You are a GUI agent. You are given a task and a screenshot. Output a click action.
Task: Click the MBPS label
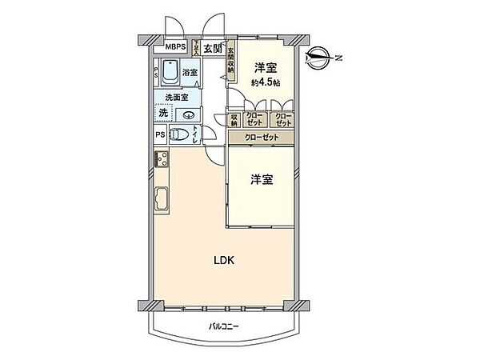[175, 47]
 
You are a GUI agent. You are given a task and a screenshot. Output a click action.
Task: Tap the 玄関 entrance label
[213, 49]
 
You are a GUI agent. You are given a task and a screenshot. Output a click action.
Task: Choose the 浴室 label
[190, 74]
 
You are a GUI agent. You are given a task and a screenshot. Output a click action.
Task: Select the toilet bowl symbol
[181, 135]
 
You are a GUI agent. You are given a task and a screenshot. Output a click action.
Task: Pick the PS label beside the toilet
[161, 135]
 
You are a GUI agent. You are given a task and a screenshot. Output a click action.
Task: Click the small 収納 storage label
[235, 120]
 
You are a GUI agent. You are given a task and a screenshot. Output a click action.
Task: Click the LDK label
[222, 259]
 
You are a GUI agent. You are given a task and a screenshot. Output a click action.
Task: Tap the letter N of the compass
[338, 57]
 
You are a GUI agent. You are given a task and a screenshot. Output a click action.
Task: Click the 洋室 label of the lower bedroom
[261, 180]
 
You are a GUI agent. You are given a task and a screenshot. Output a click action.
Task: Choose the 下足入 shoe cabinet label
[196, 47]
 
